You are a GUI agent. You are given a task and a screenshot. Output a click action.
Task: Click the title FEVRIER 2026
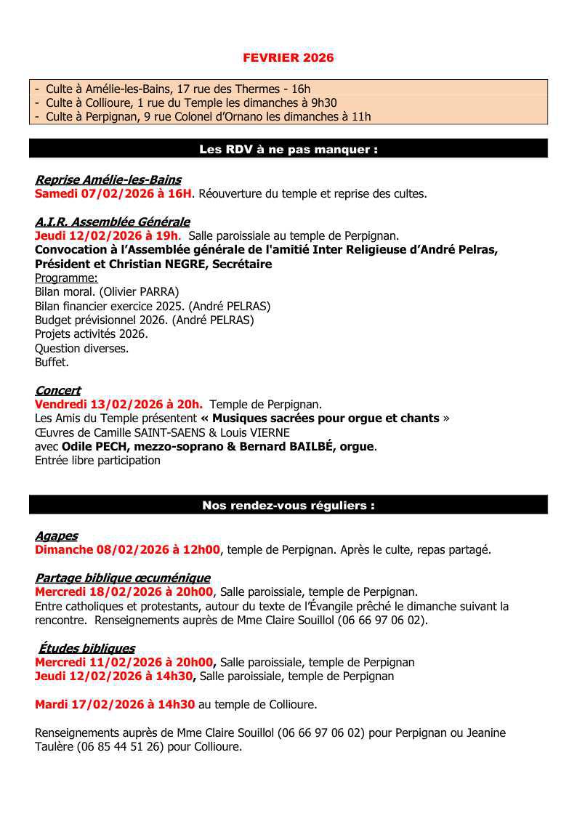tap(288, 57)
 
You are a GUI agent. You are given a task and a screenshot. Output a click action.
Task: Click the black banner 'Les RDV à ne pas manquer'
tap(288, 150)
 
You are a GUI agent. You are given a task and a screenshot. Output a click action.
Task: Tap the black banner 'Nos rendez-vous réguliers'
tap(288, 506)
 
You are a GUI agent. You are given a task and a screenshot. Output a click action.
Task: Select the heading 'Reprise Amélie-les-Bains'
tap(108, 180)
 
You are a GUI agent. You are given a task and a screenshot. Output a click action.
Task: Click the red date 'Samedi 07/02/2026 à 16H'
tap(113, 194)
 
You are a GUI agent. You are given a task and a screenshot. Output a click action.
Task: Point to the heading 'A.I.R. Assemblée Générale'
tap(112, 222)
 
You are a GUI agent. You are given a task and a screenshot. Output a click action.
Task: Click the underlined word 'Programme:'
tap(66, 278)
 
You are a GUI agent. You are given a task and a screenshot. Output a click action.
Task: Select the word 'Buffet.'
tap(52, 362)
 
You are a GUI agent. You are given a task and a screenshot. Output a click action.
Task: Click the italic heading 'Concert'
tap(57, 391)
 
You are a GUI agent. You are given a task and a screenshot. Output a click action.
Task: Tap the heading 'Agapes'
tap(56, 536)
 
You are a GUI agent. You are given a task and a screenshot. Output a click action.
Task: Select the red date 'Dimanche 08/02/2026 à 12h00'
tap(127, 550)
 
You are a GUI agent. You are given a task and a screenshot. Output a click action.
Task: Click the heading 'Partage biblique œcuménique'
tap(122, 578)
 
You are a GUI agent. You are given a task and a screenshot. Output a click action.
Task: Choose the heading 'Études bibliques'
tap(86, 648)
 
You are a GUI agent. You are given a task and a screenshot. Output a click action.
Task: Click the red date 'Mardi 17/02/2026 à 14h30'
tap(115, 705)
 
